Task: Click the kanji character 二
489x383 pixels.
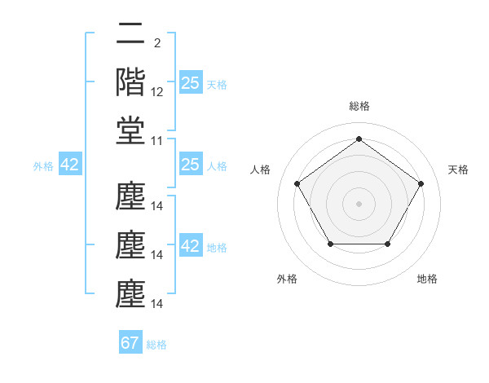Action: click(x=130, y=35)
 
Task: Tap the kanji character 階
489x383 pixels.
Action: click(x=130, y=82)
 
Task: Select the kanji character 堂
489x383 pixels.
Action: click(x=130, y=130)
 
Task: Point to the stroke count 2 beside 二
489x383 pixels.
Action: click(x=156, y=42)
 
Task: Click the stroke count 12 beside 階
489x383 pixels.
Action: click(x=157, y=92)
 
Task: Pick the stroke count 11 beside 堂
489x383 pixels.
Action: click(x=157, y=141)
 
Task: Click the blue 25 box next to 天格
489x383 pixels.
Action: click(x=190, y=83)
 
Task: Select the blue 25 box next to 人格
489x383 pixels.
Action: click(x=190, y=165)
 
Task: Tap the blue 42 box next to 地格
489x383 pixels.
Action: click(x=190, y=246)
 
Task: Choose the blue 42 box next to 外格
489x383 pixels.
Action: click(x=70, y=165)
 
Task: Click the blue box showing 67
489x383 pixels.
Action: click(x=130, y=343)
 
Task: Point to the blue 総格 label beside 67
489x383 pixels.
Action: click(x=156, y=345)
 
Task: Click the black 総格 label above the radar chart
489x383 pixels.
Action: click(x=359, y=106)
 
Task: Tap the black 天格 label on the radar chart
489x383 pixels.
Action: click(x=458, y=169)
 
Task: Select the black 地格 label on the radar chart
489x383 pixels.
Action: click(x=427, y=279)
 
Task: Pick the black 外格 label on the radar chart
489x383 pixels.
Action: click(x=287, y=279)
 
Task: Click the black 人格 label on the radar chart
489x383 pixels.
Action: click(x=261, y=169)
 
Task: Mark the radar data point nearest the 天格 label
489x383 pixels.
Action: click(x=421, y=183)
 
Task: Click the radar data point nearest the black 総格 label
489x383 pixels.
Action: click(x=359, y=139)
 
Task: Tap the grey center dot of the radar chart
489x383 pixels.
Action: click(x=359, y=203)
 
